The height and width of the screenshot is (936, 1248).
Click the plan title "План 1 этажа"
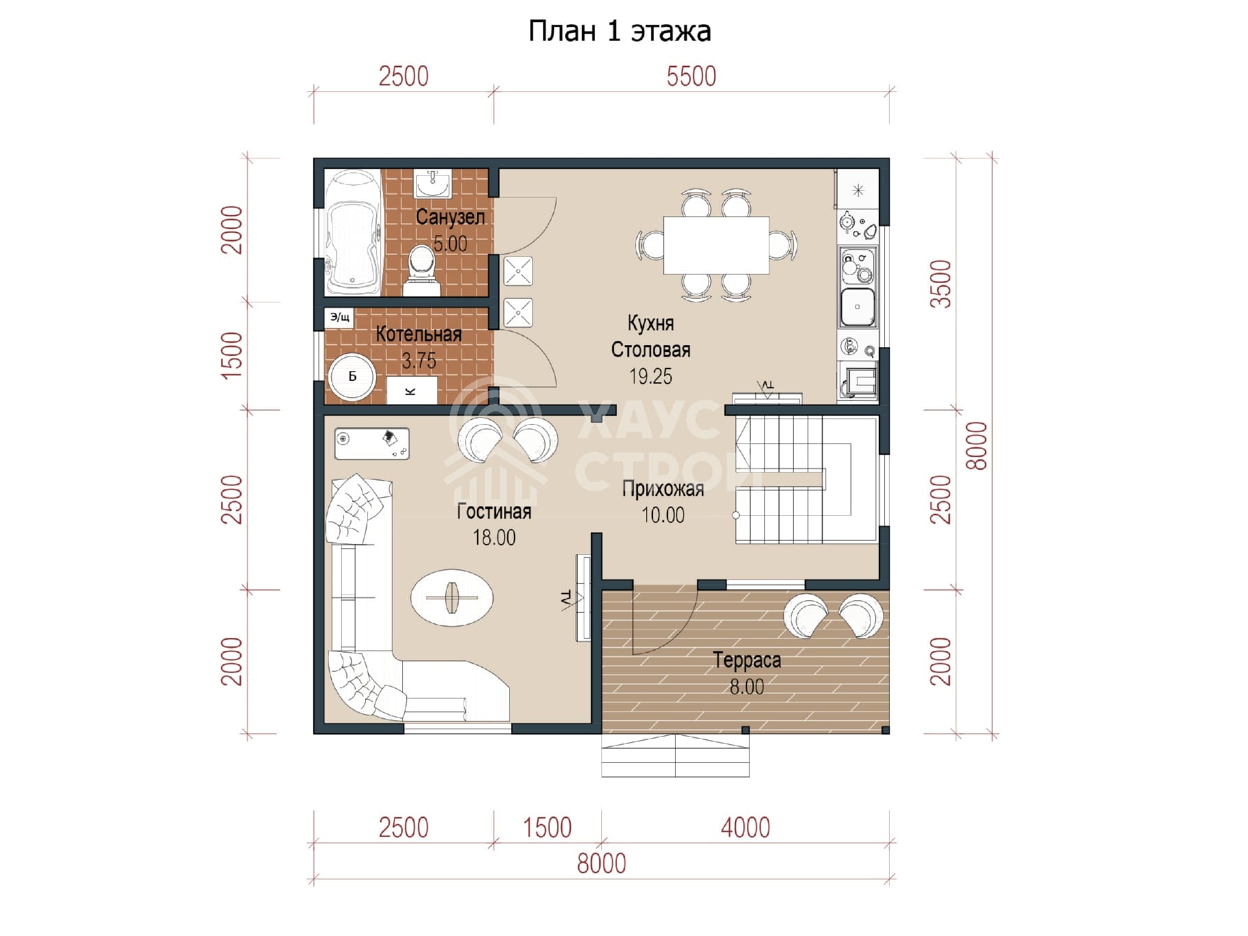click(x=619, y=32)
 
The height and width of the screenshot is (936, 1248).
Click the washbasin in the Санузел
click(x=433, y=184)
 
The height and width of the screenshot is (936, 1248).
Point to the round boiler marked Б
click(x=352, y=376)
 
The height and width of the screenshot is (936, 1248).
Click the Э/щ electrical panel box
click(x=339, y=317)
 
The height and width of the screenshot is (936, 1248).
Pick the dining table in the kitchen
click(x=716, y=245)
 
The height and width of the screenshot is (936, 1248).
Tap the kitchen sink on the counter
click(x=858, y=307)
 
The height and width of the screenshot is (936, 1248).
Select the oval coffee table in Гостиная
click(x=452, y=597)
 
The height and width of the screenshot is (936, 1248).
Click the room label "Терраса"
click(x=747, y=660)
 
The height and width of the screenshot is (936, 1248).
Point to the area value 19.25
click(x=651, y=376)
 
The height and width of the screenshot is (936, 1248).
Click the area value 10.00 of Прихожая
click(x=663, y=515)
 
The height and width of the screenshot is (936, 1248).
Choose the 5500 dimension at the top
click(x=691, y=76)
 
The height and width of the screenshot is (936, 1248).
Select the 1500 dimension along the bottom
click(x=547, y=828)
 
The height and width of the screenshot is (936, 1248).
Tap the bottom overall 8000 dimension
click(x=601, y=863)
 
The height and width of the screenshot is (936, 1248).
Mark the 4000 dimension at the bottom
click(x=745, y=828)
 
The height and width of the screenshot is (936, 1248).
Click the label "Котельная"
click(x=419, y=335)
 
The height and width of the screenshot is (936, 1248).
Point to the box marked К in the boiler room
click(x=411, y=391)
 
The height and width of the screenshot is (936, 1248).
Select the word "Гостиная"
click(x=494, y=512)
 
